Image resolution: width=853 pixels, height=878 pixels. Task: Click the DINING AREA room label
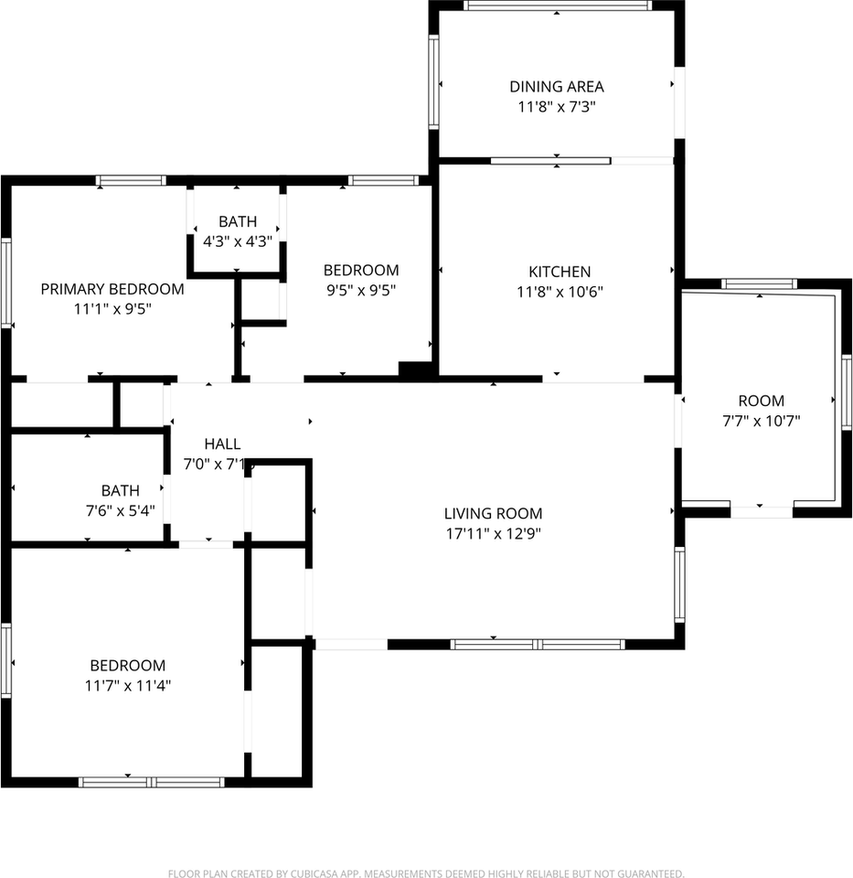557,87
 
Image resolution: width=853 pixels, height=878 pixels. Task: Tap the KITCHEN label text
560,272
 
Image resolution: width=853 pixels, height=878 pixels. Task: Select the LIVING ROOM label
493,514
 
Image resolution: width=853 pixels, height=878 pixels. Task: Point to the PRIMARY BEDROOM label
112,289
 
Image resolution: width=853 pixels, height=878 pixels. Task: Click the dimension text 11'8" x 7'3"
557,107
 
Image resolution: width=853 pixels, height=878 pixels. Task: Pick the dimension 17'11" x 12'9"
493,534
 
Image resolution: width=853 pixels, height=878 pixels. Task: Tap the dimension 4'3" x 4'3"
237,242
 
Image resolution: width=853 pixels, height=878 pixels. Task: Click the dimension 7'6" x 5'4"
121,511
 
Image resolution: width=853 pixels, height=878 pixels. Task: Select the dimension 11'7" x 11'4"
127,686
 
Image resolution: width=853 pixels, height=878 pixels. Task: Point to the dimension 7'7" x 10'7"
761,421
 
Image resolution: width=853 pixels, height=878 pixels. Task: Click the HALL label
222,444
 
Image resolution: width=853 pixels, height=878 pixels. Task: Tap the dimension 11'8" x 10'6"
560,292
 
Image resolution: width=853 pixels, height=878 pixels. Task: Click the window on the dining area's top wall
557,5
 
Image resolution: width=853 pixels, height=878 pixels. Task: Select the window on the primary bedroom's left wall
5,282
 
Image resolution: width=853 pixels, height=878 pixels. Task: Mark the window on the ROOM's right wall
846,392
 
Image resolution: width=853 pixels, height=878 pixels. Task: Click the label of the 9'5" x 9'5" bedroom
361,271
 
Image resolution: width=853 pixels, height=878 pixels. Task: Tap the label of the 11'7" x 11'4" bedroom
127,666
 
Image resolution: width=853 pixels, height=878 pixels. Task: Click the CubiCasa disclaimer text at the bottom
426,874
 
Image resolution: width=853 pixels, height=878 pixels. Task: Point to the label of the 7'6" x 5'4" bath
121,491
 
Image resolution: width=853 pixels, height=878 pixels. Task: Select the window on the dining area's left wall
434,82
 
